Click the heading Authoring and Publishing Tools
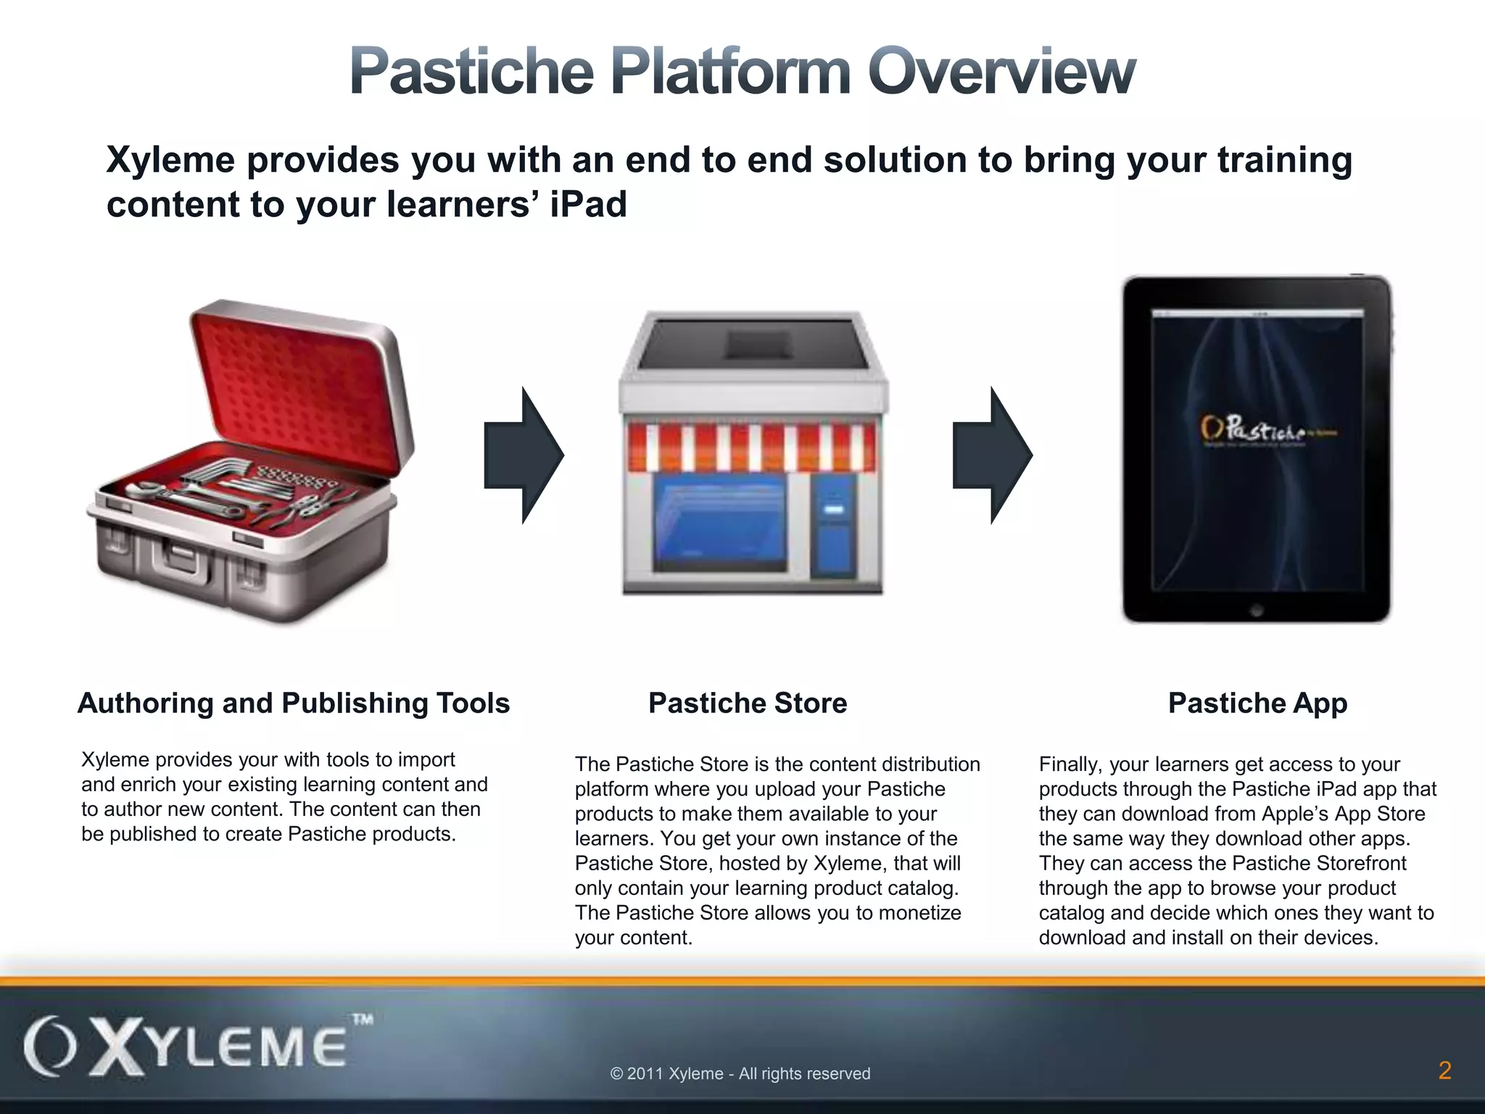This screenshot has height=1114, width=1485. point(294,703)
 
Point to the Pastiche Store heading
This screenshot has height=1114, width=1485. point(748,703)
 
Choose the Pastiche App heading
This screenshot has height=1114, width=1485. point(1257,703)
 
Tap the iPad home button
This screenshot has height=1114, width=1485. point(1257,610)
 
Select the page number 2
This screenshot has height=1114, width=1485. point(1444,1070)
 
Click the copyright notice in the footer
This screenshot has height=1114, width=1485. point(740,1073)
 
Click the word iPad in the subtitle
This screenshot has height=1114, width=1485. point(588,204)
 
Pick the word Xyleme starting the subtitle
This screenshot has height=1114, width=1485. point(170,160)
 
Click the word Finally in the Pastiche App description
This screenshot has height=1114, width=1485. point(1070,764)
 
